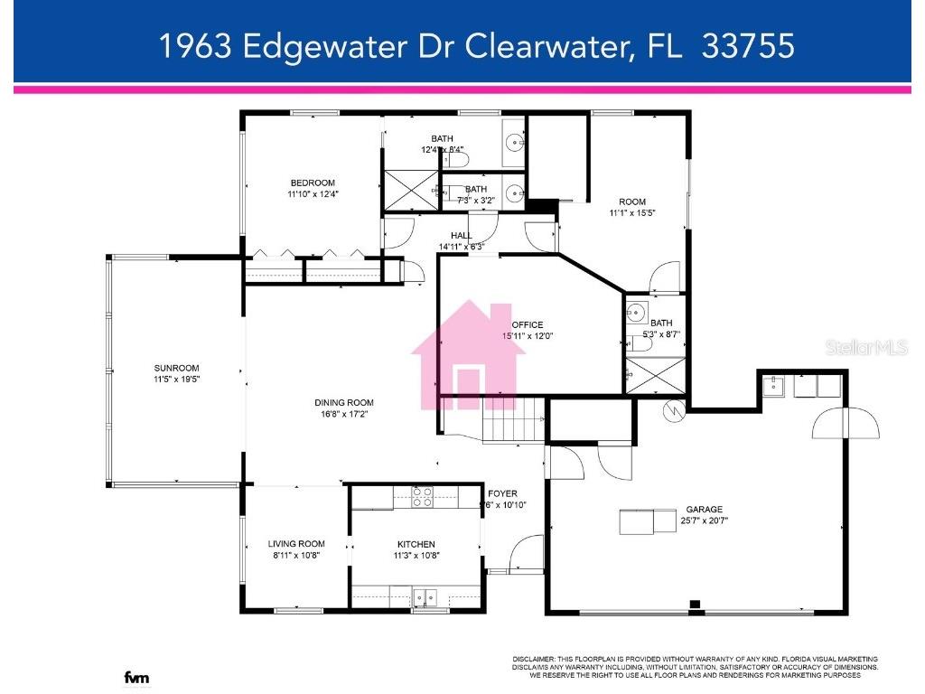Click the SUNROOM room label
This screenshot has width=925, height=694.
click(176, 368)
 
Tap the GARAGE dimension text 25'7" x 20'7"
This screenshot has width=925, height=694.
click(704, 520)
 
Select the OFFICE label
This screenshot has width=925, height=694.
click(528, 325)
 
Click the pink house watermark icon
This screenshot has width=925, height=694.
click(468, 356)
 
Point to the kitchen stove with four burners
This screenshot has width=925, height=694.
click(423, 497)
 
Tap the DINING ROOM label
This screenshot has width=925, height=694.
click(343, 403)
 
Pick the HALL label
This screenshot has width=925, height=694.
click(462, 236)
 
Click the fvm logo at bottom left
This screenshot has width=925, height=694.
click(136, 678)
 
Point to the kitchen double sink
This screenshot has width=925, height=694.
click(424, 597)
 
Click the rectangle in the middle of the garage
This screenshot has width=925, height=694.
click(649, 521)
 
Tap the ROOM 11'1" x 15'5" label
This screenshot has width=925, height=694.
click(631, 202)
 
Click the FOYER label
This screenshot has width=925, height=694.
click(502, 493)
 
